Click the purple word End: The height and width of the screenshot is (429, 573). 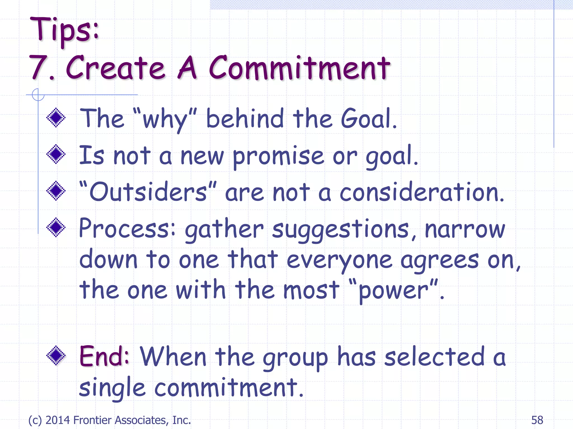104,356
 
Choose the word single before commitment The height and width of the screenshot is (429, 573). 112,388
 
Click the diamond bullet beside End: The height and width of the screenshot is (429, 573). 56,356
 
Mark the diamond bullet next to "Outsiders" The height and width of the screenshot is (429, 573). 56,191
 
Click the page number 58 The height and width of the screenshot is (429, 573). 537,420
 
